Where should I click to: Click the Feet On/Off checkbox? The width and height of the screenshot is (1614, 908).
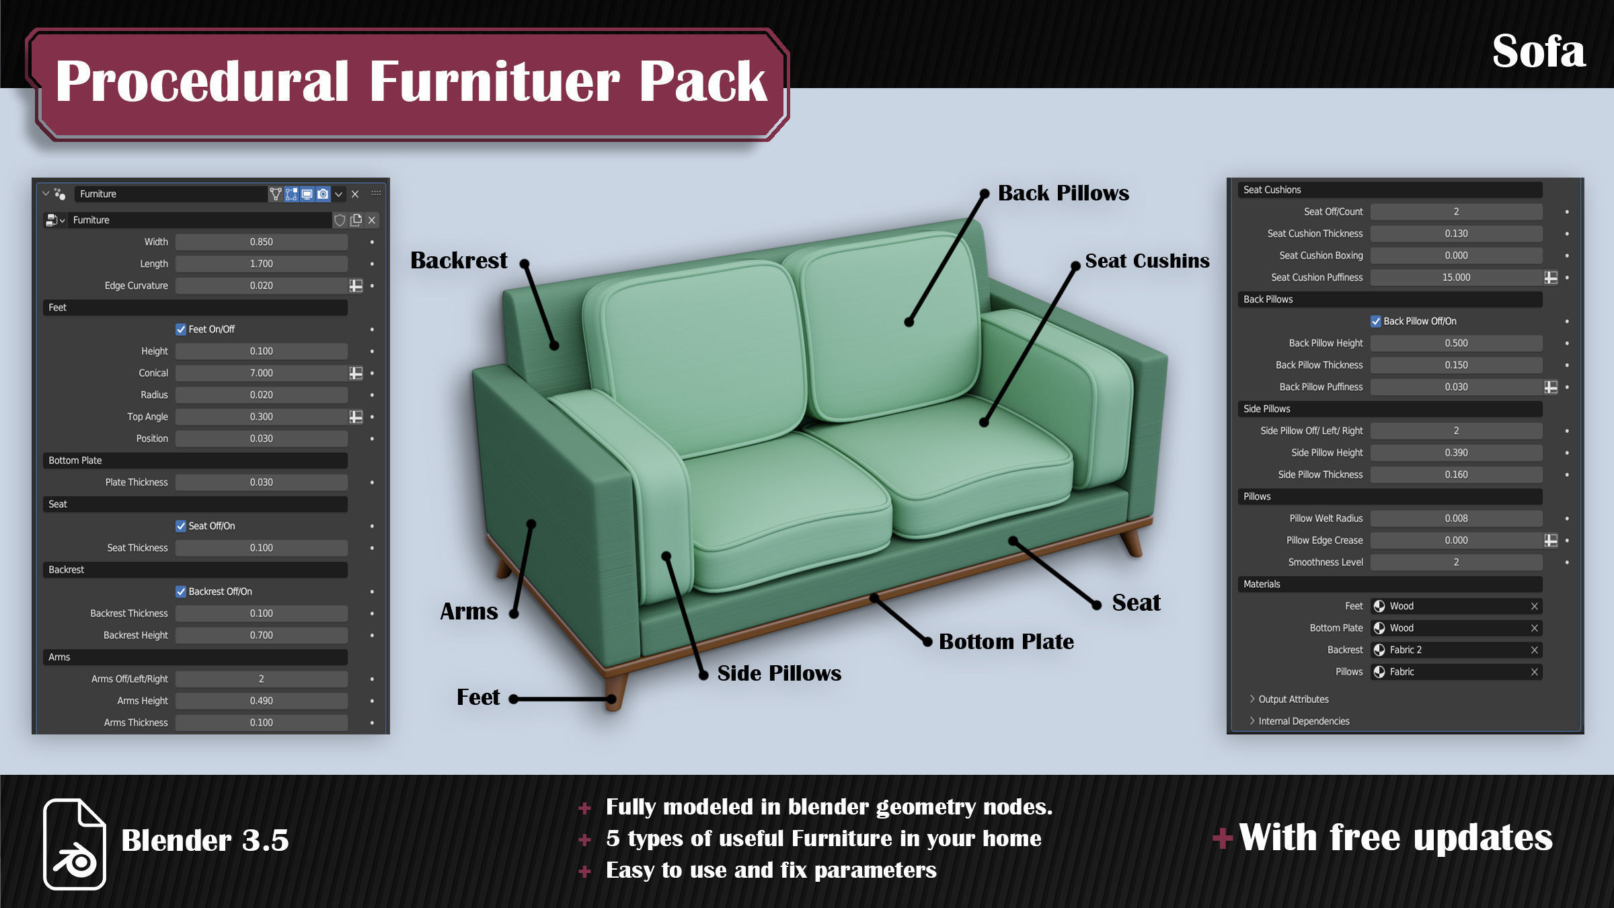pos(181,330)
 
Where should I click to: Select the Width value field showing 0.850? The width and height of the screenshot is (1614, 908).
pos(261,242)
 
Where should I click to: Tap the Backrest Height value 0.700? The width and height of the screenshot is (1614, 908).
pos(261,636)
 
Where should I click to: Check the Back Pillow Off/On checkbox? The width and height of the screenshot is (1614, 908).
pos(1376,321)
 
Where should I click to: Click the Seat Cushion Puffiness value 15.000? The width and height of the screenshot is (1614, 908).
pos(1456,278)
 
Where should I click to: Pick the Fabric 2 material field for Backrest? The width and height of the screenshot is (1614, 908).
pos(1456,650)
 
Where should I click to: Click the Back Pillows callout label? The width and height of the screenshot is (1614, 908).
pos(1063,194)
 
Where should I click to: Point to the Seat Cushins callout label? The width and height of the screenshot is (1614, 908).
pos(1147,261)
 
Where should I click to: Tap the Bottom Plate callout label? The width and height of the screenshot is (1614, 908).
pos(1006,642)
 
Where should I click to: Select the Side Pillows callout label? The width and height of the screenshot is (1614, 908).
pos(779,673)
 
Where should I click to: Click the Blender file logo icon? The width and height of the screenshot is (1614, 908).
pos(75,843)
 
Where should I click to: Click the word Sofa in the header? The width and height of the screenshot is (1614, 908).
pos(1539,52)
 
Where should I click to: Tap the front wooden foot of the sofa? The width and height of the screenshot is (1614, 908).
pos(615,693)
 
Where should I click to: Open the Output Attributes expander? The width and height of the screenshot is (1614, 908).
pos(1293,699)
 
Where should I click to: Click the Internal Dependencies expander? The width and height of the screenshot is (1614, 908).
pos(1303,722)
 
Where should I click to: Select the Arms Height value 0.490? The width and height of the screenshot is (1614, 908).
pos(261,701)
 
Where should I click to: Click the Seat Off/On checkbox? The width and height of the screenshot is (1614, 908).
pos(181,527)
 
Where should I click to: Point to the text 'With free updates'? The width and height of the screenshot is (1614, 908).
pos(1395,838)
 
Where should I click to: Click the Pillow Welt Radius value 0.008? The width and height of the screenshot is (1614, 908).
pos(1456,519)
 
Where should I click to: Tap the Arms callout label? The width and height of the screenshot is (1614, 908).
pos(469,611)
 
